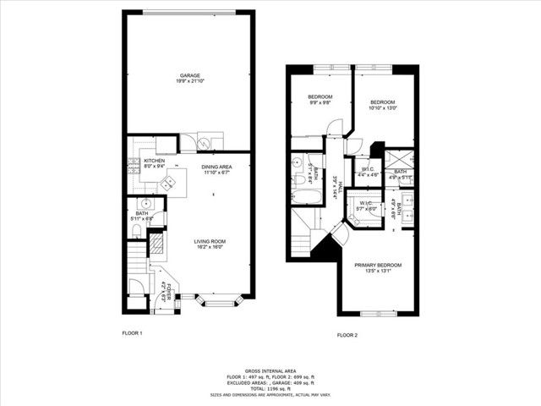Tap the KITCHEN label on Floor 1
tap(154, 161)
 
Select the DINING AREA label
tap(216, 167)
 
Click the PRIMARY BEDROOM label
tap(377, 265)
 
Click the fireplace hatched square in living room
tap(156, 244)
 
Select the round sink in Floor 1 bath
tap(146, 204)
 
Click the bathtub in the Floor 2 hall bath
tap(303, 197)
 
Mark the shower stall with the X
tap(396, 160)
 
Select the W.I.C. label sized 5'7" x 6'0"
tap(366, 206)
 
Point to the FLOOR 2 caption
tap(347, 336)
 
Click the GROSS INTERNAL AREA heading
tap(270, 370)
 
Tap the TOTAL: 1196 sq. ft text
tap(270, 387)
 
